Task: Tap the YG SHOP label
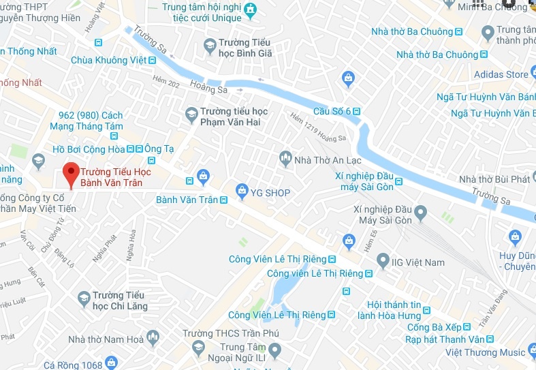click(270, 193)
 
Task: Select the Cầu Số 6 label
click(332, 111)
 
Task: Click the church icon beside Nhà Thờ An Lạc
click(285, 159)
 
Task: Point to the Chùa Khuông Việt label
click(109, 60)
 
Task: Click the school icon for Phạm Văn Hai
click(192, 112)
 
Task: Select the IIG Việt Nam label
click(419, 262)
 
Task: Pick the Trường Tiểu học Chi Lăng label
click(119, 300)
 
